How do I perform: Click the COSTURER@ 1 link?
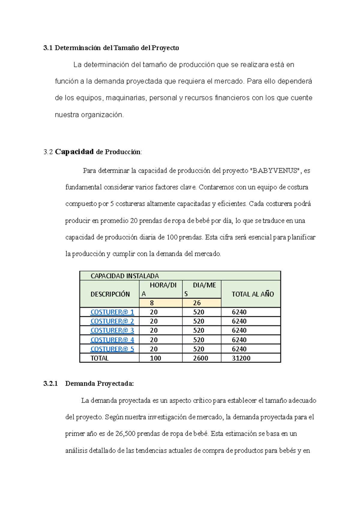[112, 312]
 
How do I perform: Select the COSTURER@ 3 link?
[112, 330]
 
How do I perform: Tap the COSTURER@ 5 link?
[112, 349]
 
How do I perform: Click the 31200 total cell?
[241, 358]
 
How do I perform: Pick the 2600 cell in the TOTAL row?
[200, 358]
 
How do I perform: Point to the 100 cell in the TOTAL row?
[155, 358]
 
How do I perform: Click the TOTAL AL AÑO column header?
[253, 294]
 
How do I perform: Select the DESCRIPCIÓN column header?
[110, 294]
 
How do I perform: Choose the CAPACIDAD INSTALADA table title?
[124, 276]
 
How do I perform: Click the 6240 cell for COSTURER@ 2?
[239, 321]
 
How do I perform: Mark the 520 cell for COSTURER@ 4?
[199, 340]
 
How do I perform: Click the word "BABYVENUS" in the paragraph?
[275, 171]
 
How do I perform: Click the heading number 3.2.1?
[50, 384]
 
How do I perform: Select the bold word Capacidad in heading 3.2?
[74, 152]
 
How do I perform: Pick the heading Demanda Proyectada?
[99, 384]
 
